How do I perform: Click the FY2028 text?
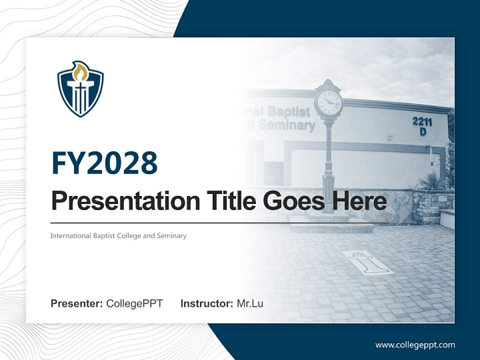(104, 163)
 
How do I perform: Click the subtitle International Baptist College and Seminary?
(118, 235)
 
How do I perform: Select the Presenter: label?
(77, 303)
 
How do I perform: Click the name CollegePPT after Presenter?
(134, 303)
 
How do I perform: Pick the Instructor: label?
(206, 303)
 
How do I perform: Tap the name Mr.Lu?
(250, 303)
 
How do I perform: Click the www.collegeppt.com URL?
(415, 345)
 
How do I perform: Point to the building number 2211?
(422, 121)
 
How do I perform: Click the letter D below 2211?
(422, 132)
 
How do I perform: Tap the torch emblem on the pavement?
(368, 263)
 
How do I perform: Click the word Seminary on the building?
(287, 125)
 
